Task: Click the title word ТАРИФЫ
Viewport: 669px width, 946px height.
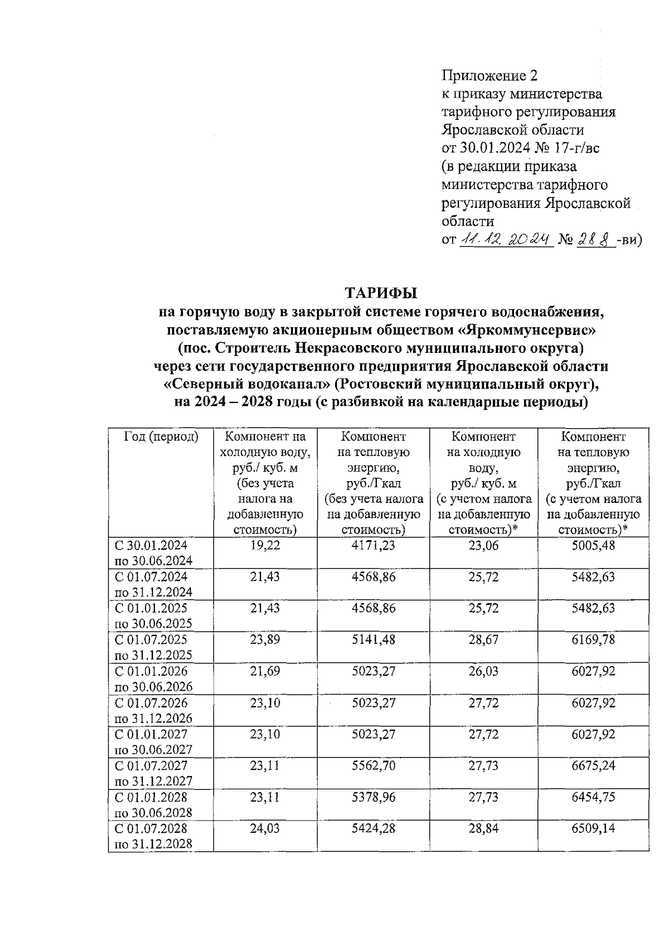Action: click(381, 293)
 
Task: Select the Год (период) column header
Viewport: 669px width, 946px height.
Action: click(161, 436)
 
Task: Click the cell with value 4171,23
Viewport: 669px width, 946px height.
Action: click(374, 545)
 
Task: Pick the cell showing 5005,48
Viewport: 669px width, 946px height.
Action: click(593, 545)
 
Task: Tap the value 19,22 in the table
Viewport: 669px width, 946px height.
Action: click(265, 545)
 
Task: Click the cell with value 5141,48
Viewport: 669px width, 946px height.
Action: click(374, 639)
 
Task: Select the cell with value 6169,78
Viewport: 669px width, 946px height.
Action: click(593, 639)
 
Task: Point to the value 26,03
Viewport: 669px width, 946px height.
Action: click(483, 671)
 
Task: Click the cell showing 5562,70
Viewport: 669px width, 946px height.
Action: click(374, 765)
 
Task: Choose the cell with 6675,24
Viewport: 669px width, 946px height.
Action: click(593, 765)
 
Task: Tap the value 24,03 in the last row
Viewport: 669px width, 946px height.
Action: click(265, 828)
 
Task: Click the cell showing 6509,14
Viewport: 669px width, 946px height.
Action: click(593, 828)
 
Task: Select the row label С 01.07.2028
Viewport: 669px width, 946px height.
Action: click(151, 828)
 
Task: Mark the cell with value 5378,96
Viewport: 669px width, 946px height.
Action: click(374, 797)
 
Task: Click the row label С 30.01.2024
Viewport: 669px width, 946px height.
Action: click(151, 545)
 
